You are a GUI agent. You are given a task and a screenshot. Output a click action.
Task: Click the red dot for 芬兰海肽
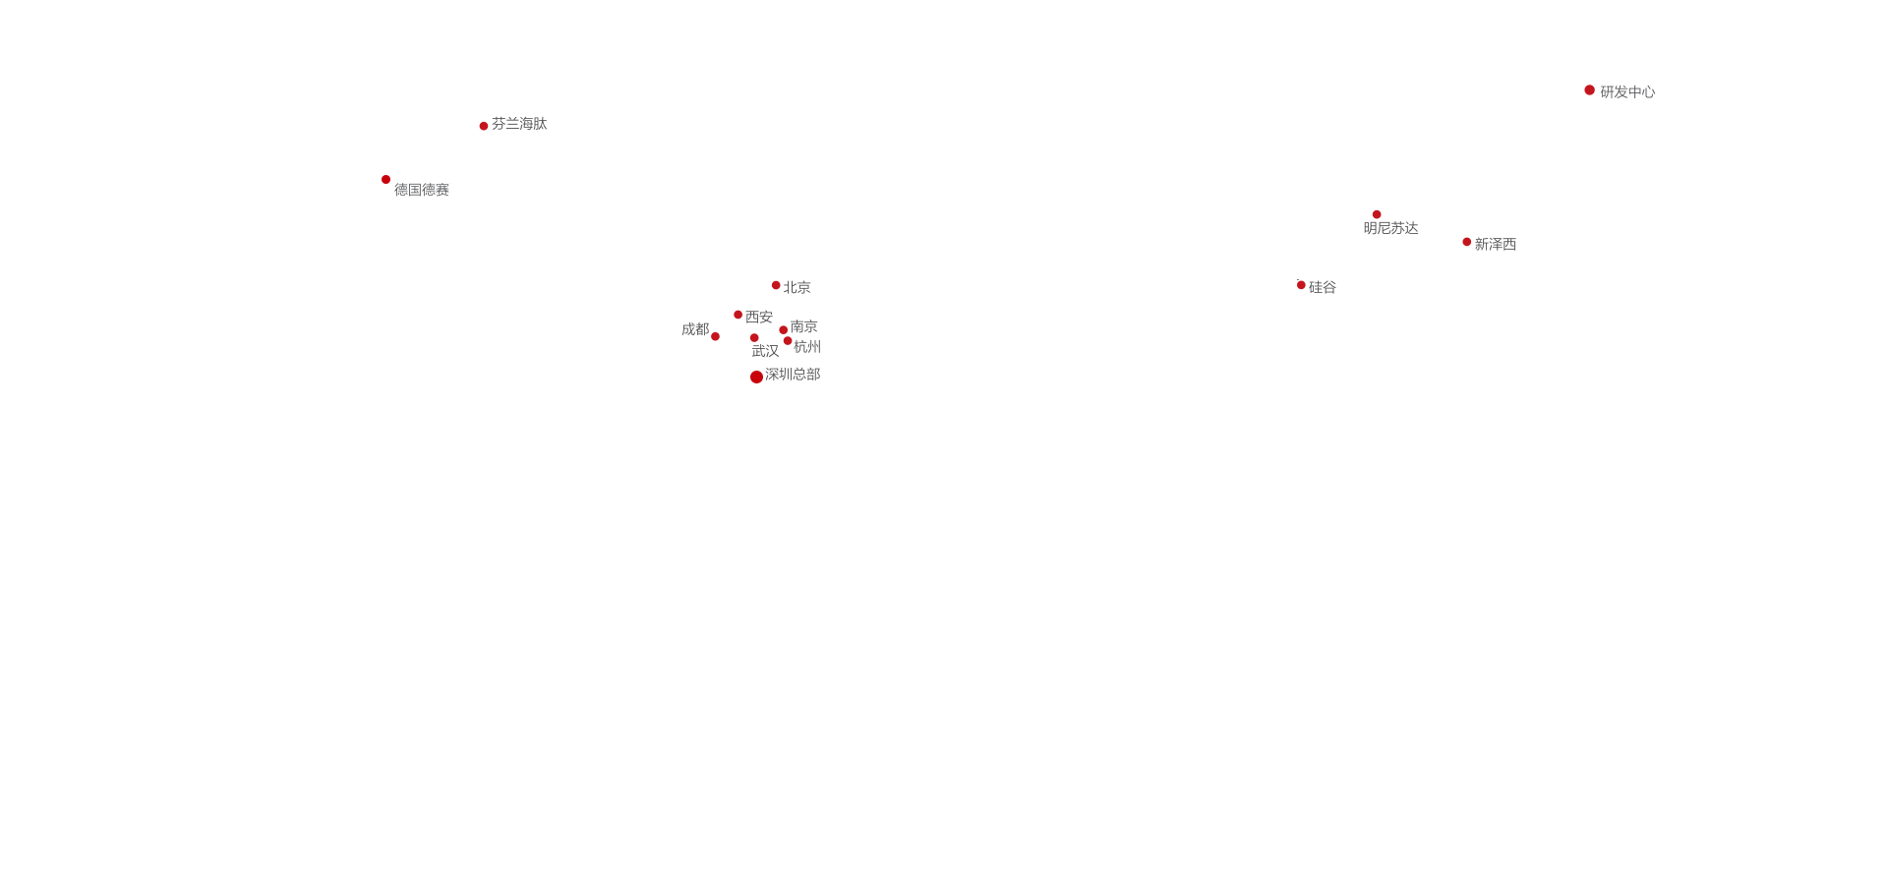click(x=484, y=126)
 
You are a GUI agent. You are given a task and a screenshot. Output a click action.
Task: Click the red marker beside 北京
click(x=776, y=285)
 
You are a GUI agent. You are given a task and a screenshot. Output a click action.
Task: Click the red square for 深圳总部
click(x=755, y=376)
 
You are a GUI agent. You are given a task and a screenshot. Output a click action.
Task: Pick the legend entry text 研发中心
click(x=1627, y=91)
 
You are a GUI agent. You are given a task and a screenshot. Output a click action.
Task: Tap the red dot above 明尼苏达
click(x=1377, y=214)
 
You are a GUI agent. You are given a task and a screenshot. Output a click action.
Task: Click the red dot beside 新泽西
click(x=1467, y=242)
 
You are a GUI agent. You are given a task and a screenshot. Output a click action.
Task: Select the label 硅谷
click(x=1322, y=287)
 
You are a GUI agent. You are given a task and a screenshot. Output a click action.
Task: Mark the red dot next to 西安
click(x=737, y=315)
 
